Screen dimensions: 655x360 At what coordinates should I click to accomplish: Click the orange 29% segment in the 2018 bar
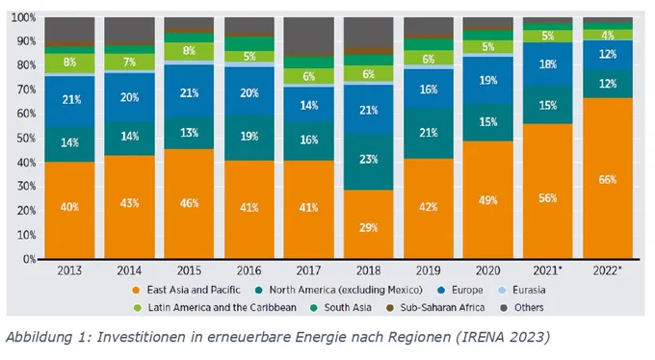[x=368, y=224]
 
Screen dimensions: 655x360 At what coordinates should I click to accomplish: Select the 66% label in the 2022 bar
[x=608, y=180]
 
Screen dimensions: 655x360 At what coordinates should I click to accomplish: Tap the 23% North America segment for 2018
[x=368, y=162]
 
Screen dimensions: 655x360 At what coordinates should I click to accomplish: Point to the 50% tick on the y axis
[x=23, y=139]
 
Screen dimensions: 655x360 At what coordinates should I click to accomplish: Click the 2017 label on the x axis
[x=308, y=270]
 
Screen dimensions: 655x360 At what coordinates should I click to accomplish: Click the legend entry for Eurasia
[x=522, y=290]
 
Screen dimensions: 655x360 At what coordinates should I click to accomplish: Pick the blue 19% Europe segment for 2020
[x=488, y=80]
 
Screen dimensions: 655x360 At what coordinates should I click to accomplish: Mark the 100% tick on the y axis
[x=23, y=17]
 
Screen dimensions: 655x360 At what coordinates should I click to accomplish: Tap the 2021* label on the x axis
[x=548, y=270]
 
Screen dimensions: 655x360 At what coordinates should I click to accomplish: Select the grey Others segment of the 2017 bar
[x=308, y=37]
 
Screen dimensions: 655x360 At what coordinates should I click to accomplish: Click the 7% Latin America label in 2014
[x=129, y=63]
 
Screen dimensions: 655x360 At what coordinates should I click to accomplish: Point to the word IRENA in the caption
[x=479, y=337]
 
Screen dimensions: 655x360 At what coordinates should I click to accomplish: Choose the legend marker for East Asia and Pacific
[x=136, y=291]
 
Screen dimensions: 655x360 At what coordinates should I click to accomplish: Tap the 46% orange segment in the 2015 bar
[x=189, y=204]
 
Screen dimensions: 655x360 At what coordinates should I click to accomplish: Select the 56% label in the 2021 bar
[x=548, y=198]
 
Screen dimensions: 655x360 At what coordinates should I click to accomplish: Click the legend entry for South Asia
[x=342, y=308]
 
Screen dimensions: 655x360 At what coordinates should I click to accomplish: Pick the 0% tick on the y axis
[x=29, y=259]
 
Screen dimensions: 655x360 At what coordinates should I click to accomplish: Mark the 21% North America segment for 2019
[x=429, y=134]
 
